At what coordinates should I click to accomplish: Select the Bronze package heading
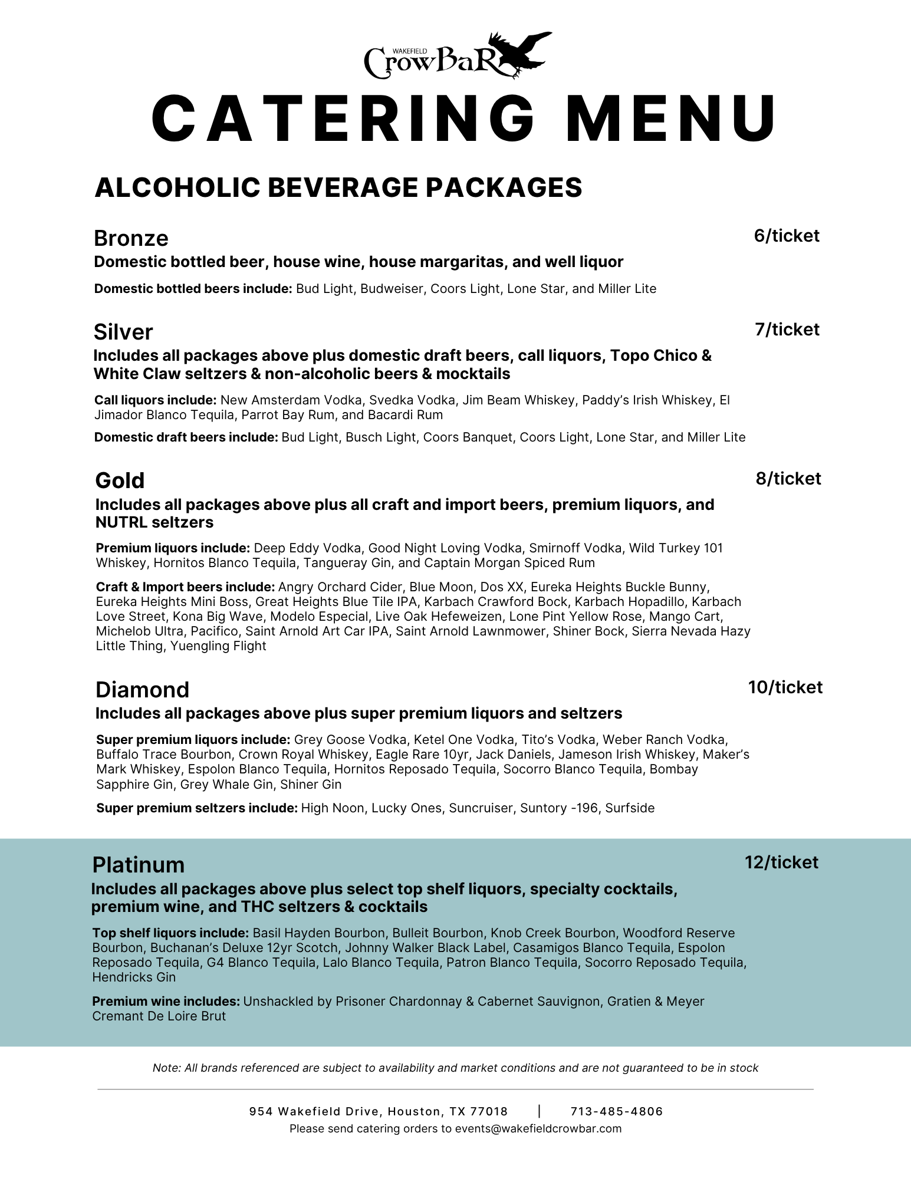click(131, 238)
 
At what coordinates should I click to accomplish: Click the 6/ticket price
click(787, 236)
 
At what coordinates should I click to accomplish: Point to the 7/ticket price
click(787, 330)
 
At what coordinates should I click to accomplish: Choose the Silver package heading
click(123, 332)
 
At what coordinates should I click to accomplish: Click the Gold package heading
click(120, 480)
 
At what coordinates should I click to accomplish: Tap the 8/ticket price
click(788, 479)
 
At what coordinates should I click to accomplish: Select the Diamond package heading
click(142, 690)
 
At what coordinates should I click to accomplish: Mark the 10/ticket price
click(785, 687)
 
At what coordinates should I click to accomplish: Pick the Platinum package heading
click(138, 865)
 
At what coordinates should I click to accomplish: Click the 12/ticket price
click(781, 862)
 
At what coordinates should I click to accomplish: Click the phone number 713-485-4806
click(616, 1112)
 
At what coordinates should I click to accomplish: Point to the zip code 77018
click(488, 1112)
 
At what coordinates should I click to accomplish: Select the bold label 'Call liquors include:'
click(156, 400)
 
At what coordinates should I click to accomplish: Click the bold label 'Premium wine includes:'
click(166, 1002)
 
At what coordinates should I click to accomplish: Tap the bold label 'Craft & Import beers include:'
click(185, 587)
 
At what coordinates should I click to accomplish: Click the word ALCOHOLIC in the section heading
click(177, 187)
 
